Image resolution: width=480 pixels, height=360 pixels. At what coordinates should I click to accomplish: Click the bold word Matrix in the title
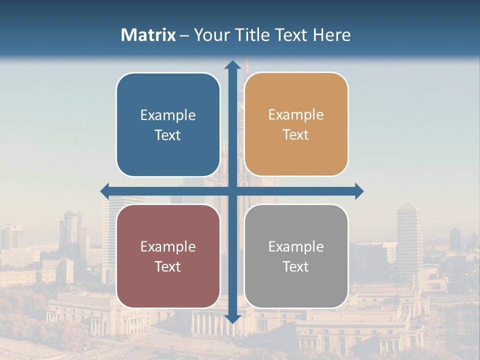(148, 35)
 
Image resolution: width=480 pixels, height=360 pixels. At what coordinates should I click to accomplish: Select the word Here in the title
(331, 35)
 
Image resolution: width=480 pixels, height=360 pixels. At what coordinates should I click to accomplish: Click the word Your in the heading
(210, 35)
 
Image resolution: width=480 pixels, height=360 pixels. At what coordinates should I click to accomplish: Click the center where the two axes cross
(232, 191)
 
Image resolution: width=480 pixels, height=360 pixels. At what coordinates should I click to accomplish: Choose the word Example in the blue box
(168, 115)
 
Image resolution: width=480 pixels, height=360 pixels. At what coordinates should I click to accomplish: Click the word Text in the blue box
(168, 135)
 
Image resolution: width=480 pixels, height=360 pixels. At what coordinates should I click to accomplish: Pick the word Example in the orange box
(296, 115)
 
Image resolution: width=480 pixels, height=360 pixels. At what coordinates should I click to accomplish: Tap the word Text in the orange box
(296, 135)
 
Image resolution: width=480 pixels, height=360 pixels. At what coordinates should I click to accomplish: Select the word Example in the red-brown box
(168, 247)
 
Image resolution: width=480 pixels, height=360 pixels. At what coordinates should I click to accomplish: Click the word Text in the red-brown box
(168, 267)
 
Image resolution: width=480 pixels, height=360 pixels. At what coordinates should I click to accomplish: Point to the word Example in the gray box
(296, 247)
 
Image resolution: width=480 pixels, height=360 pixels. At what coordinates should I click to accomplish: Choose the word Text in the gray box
(296, 267)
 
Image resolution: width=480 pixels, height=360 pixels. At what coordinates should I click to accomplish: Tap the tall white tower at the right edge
(409, 235)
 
